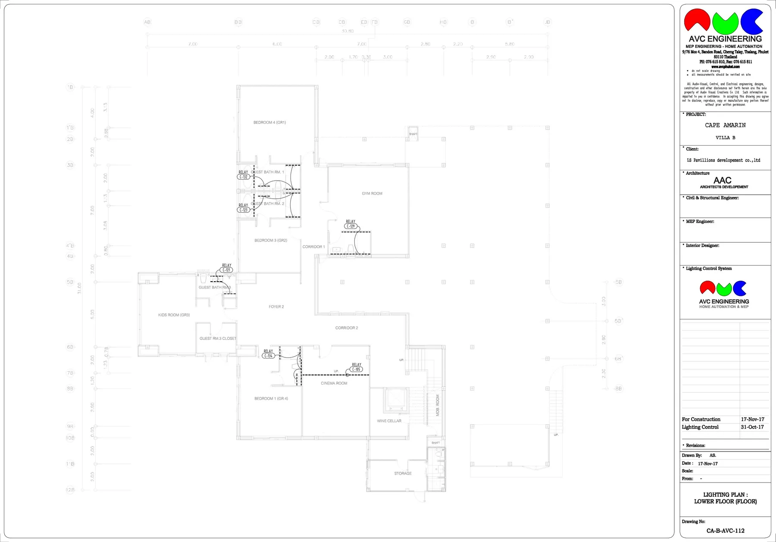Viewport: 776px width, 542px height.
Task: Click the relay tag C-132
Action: (x=244, y=177)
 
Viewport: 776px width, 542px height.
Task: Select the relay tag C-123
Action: (x=244, y=210)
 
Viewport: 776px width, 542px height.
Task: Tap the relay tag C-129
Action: (x=351, y=226)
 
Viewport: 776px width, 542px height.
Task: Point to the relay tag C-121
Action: (x=227, y=270)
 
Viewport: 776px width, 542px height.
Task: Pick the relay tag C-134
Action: (x=268, y=356)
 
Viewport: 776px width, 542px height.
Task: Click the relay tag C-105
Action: (x=357, y=369)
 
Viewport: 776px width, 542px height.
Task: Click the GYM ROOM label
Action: (x=372, y=194)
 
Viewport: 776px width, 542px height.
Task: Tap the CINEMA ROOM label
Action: (x=334, y=383)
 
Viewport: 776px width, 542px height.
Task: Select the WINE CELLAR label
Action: (x=389, y=421)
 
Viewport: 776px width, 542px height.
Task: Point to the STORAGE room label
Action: (x=403, y=473)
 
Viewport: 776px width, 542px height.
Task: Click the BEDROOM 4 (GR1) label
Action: (x=270, y=122)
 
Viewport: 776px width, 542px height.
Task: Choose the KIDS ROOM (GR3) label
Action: (x=174, y=315)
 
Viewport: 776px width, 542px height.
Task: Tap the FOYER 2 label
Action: (x=276, y=307)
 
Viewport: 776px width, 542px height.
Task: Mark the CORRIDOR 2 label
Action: (x=347, y=328)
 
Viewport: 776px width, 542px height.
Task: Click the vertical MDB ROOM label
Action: (x=438, y=405)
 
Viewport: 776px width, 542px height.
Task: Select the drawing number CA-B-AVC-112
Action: (x=726, y=531)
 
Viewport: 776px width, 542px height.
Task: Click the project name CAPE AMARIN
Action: (x=725, y=125)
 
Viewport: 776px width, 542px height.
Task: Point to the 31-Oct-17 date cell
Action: (x=752, y=427)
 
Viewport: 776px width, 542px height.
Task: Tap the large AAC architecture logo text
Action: (x=723, y=181)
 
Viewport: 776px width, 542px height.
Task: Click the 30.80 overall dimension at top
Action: (x=348, y=31)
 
